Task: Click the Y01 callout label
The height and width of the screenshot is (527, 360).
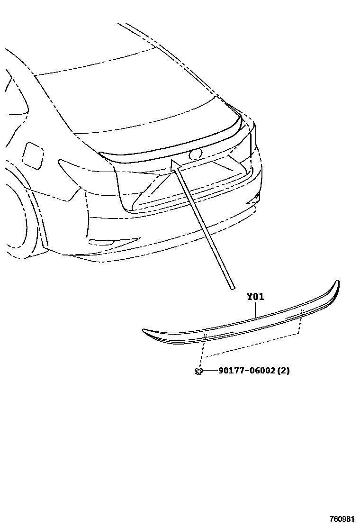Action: [255, 298]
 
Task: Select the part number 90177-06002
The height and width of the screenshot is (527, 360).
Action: [246, 371]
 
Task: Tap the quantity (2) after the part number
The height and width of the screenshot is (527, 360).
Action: [283, 371]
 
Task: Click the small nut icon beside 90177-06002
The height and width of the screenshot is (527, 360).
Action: [199, 371]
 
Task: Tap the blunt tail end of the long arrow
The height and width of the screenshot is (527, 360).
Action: [231, 286]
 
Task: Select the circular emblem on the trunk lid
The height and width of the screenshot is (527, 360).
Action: [195, 154]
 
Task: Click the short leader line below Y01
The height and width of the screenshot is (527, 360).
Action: [255, 310]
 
